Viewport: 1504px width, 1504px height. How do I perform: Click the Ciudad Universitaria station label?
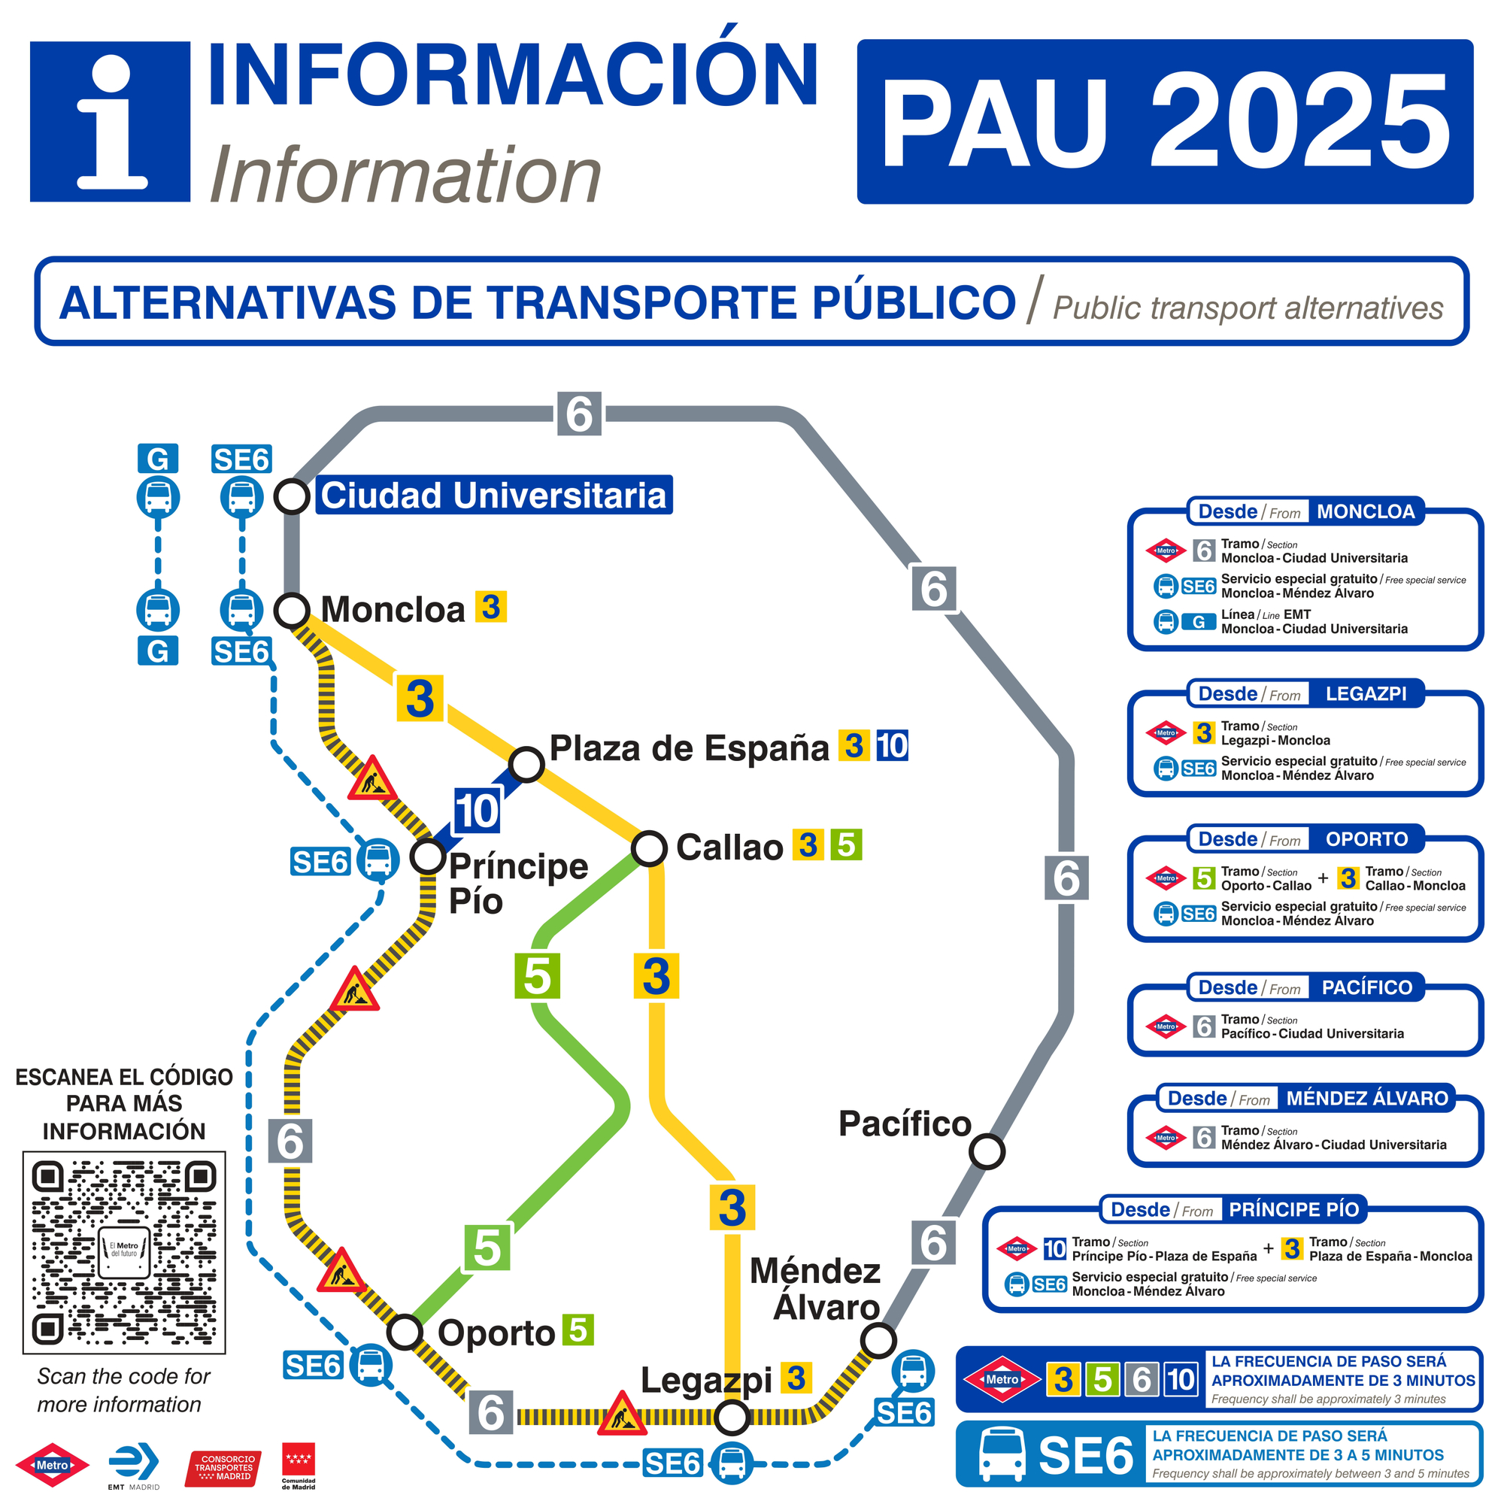(x=493, y=495)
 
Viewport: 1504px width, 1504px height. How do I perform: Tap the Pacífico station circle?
(x=987, y=1151)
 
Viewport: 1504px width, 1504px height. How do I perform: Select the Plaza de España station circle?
(x=526, y=764)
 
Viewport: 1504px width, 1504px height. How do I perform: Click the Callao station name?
(x=729, y=847)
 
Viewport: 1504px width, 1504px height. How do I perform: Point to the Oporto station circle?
(x=405, y=1332)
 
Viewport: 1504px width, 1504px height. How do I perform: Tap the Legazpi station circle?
(x=732, y=1417)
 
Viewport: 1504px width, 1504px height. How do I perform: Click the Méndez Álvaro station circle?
(x=878, y=1341)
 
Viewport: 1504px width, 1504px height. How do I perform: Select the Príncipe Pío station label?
(x=517, y=884)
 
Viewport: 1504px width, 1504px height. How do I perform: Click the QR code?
(x=124, y=1253)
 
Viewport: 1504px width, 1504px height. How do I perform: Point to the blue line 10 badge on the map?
(x=477, y=811)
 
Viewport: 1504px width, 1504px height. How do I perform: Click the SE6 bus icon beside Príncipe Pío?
(x=378, y=860)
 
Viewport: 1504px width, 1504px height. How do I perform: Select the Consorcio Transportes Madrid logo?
(x=223, y=1468)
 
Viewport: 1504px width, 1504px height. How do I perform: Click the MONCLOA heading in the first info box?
(x=1366, y=511)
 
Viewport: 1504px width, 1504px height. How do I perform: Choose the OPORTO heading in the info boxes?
(x=1366, y=839)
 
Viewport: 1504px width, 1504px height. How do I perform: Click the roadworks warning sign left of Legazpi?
(x=621, y=1415)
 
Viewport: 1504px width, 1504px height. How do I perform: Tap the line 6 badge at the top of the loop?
(x=579, y=414)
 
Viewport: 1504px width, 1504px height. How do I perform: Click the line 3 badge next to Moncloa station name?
(x=490, y=606)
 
